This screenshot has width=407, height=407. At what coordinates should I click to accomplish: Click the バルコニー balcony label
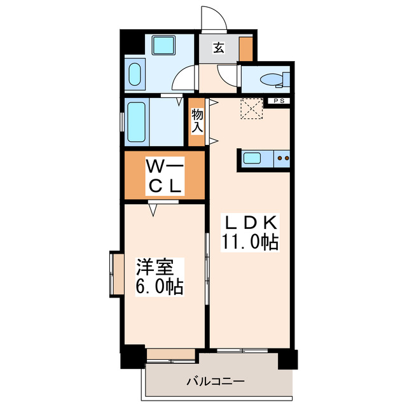point(215,382)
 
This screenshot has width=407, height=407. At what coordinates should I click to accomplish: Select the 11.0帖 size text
point(249,242)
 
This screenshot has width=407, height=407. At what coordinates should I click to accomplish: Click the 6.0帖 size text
point(158,287)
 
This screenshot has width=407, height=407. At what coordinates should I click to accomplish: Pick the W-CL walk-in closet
point(165,176)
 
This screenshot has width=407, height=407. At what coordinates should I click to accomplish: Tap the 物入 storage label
point(197,120)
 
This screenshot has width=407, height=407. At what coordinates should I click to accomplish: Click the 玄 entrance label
point(218,48)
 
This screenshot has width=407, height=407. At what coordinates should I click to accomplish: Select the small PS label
point(278,101)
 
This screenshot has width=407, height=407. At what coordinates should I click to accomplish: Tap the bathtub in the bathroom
point(137,121)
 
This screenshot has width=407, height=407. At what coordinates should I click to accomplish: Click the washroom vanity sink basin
point(134,75)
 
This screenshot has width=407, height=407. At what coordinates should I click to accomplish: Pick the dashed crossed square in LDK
point(252,108)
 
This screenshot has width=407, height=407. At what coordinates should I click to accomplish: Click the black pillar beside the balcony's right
point(287,359)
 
